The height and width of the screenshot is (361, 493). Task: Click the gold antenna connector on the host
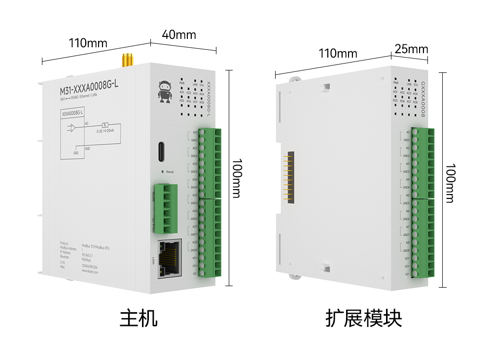tap(127, 60)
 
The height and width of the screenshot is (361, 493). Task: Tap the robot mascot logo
tap(164, 92)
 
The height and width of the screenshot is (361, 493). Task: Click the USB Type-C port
tap(161, 151)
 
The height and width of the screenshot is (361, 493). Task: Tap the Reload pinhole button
tap(162, 172)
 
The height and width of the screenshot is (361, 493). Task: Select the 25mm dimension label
tap(411, 49)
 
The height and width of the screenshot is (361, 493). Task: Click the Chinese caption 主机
tap(139, 318)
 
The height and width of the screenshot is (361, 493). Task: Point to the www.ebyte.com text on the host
tap(89, 270)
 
